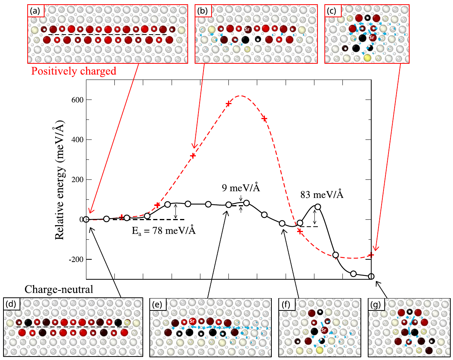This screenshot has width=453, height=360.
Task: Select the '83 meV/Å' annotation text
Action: (322, 195)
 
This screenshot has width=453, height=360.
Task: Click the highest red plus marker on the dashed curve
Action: (228, 104)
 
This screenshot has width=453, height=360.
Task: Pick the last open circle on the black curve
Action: (371, 276)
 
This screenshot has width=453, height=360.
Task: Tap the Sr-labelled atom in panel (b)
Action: (248, 29)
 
